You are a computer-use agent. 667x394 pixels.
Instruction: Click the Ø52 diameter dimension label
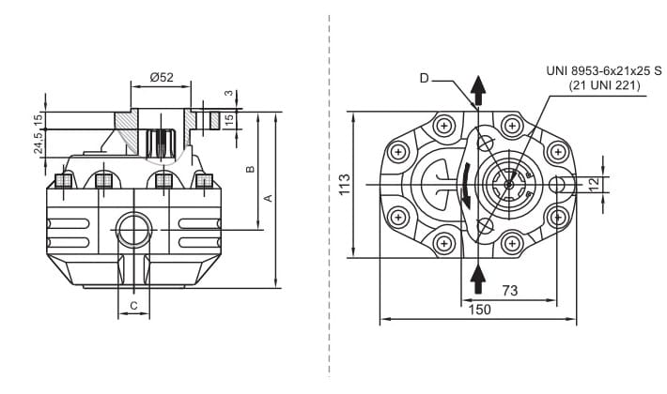point(160,76)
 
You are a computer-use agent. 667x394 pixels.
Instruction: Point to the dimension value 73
point(509,291)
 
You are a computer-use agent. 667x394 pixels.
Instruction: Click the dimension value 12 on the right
point(594,184)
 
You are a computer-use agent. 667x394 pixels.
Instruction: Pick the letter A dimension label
point(269,198)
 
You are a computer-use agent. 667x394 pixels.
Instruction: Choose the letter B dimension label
point(249,170)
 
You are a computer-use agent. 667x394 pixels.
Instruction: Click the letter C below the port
point(134,305)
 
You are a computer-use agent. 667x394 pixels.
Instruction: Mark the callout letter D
point(424,79)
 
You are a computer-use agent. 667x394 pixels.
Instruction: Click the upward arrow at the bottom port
point(478,279)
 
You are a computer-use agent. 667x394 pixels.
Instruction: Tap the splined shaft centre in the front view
point(508,184)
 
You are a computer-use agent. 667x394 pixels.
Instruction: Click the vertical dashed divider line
point(329,197)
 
